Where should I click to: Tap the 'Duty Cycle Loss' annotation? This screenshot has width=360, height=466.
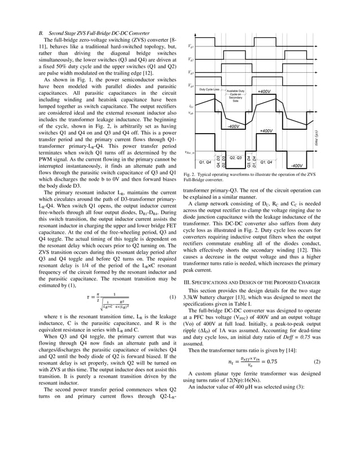click(x=209, y=90)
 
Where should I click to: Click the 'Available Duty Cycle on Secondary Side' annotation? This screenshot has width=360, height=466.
click(x=236, y=95)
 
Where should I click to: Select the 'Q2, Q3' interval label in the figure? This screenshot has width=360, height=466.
click(x=236, y=157)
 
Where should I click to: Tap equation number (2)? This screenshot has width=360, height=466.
click(x=317, y=361)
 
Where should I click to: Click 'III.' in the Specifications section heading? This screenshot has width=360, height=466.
click(x=189, y=281)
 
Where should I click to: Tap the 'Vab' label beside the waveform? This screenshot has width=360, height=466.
click(x=191, y=113)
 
